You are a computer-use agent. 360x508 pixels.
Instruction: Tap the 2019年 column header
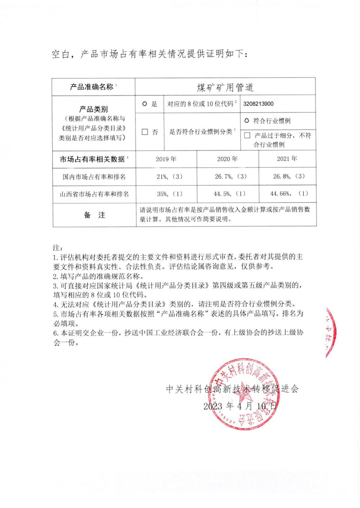coord(166,159)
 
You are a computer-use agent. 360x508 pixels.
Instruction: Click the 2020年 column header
coord(227,159)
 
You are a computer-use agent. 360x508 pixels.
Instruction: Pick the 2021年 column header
coord(287,159)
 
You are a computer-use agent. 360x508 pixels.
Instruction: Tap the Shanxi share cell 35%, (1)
coord(166,194)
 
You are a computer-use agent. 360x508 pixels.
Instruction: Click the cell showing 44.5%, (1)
coord(227,194)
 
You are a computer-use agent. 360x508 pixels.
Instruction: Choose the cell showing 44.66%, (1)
coord(287,194)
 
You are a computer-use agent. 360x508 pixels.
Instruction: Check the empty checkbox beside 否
coord(145,132)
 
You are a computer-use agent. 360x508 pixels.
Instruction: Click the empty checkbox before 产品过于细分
coord(247,135)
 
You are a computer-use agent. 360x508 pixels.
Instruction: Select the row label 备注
coord(94,215)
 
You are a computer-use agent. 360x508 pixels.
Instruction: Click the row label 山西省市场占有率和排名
coord(94,194)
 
